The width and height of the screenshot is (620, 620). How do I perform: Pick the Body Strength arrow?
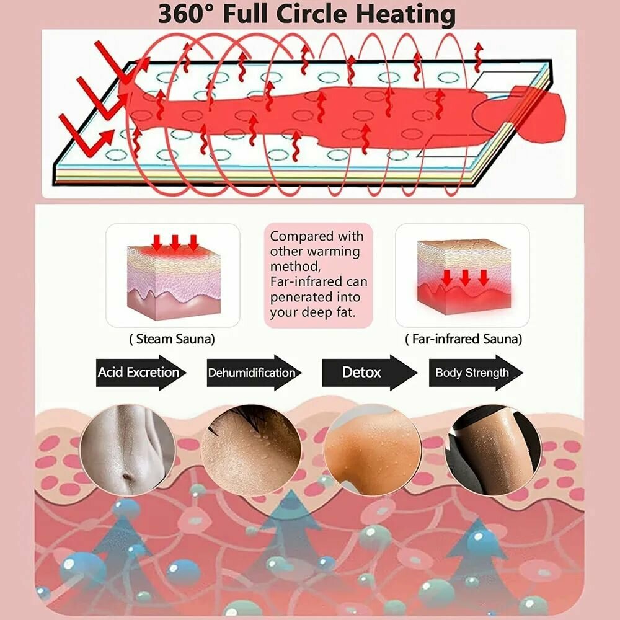coord(475,373)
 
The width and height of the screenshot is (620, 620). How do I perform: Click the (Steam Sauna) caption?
coord(172,339)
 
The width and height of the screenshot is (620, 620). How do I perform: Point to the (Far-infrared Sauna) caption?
coord(463,339)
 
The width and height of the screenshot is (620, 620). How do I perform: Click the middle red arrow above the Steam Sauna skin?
coord(175,241)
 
